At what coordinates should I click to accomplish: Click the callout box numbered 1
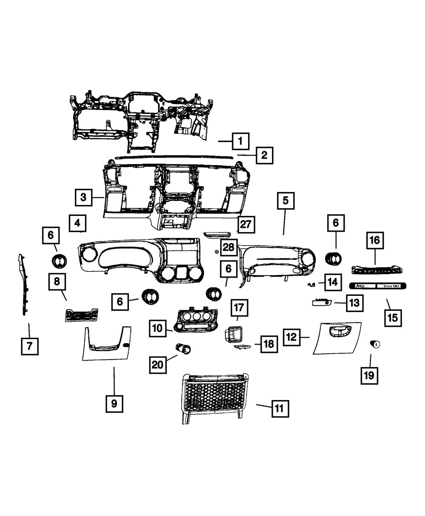point(240,140)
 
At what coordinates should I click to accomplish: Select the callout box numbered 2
point(264,155)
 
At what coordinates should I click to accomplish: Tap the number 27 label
point(246,224)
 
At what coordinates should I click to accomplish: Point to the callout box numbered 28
point(228,247)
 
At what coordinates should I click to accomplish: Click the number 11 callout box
point(278,408)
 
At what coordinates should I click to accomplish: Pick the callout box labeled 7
point(29,346)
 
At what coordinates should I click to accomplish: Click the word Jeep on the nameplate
point(360,286)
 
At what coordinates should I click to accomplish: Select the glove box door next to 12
point(337,338)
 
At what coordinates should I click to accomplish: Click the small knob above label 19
point(375,345)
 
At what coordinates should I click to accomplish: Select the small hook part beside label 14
point(311,284)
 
